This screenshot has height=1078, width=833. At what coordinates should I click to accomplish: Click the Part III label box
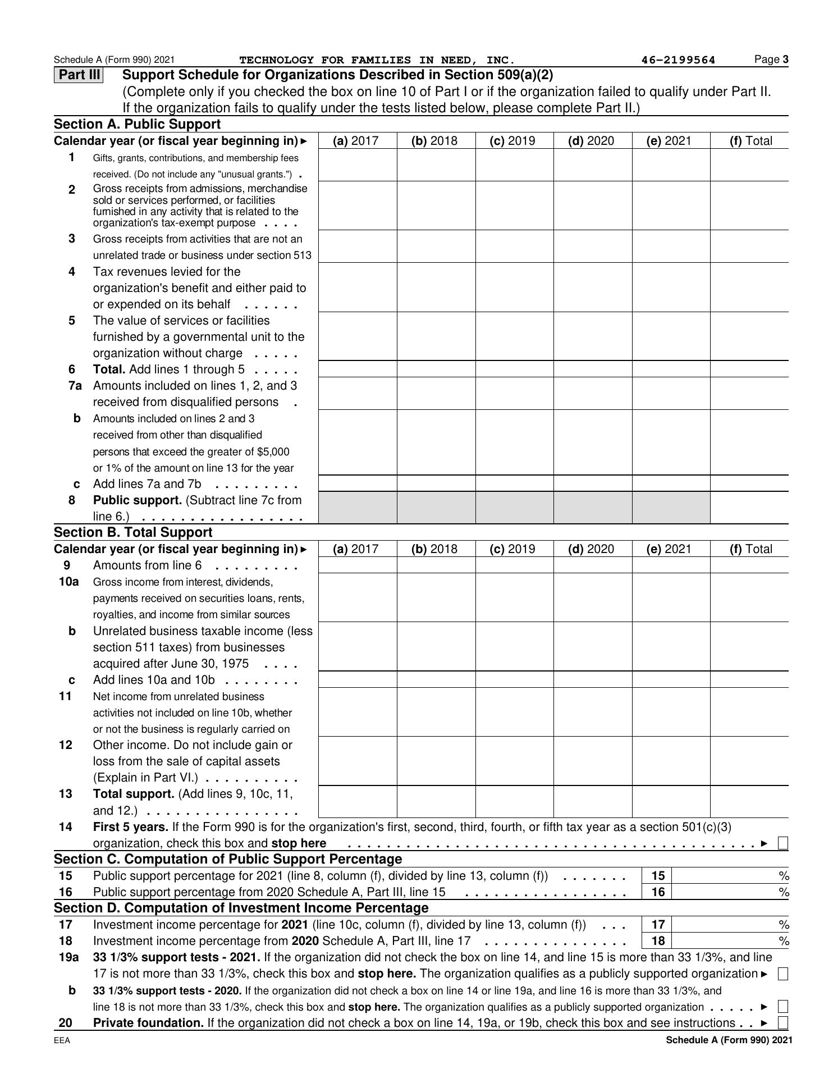(79, 75)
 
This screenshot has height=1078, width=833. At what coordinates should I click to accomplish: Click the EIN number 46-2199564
(678, 60)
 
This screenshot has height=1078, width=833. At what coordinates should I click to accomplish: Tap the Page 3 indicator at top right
(772, 60)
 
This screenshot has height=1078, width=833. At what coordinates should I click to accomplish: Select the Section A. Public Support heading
(138, 124)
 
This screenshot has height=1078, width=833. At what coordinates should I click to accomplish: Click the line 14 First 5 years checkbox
(783, 843)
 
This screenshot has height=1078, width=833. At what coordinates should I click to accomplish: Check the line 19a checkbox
(783, 974)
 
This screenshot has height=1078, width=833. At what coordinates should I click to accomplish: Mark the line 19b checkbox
(783, 1007)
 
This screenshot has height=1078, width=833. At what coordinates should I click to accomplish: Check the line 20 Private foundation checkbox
(783, 1023)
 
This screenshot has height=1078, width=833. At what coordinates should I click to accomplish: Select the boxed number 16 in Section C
(658, 892)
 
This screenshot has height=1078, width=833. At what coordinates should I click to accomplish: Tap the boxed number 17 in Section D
(658, 925)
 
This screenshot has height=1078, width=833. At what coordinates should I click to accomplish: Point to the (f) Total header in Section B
(750, 549)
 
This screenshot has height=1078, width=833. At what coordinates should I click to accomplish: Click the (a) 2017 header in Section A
(356, 141)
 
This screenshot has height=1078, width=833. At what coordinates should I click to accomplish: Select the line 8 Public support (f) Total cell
(749, 508)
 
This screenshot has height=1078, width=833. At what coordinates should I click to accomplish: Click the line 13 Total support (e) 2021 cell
(671, 801)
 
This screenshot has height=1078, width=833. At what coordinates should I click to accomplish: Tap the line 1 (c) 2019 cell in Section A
(514, 165)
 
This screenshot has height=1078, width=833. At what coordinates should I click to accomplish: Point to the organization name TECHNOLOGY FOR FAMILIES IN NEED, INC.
(377, 60)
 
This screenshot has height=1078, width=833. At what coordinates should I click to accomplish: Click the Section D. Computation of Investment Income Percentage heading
(241, 908)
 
